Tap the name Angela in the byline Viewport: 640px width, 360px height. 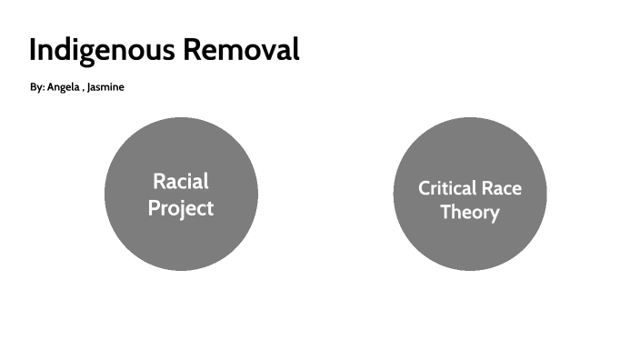point(62,87)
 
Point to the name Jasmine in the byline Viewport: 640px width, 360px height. point(105,87)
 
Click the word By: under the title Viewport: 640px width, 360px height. point(36,87)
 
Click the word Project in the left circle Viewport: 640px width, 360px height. point(181,208)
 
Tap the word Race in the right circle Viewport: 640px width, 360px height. point(502,188)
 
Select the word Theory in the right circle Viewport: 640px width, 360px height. point(470,213)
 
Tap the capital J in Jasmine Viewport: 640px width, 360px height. point(89,87)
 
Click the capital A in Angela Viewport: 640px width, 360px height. point(51,87)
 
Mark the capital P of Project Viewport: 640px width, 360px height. point(154,208)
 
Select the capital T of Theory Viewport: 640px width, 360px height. point(445,213)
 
